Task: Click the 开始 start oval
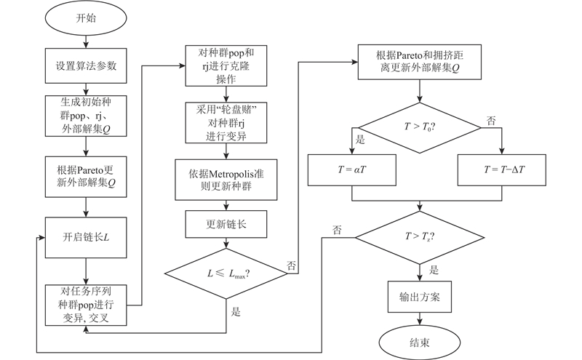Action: [86, 20]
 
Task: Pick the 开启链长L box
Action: [86, 237]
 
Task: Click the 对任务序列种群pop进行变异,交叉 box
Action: [86, 305]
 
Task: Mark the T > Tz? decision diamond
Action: [420, 237]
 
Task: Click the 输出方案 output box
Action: [420, 296]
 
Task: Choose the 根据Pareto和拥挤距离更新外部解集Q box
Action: [420, 60]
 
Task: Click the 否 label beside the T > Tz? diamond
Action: [337, 231]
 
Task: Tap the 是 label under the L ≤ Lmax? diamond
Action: [235, 311]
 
